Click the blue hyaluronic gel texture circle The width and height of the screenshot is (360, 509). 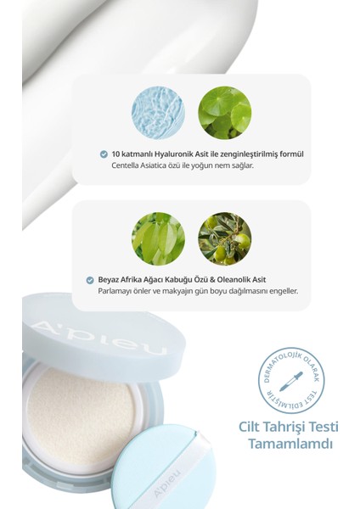[158, 114]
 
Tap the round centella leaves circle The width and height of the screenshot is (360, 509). [224, 114]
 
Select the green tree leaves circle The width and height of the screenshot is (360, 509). [158, 238]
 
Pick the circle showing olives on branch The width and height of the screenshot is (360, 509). [224, 238]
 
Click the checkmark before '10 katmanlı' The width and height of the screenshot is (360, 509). [104, 154]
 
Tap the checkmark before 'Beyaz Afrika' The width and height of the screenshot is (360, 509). [90, 279]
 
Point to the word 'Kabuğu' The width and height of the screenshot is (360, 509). [182, 279]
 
